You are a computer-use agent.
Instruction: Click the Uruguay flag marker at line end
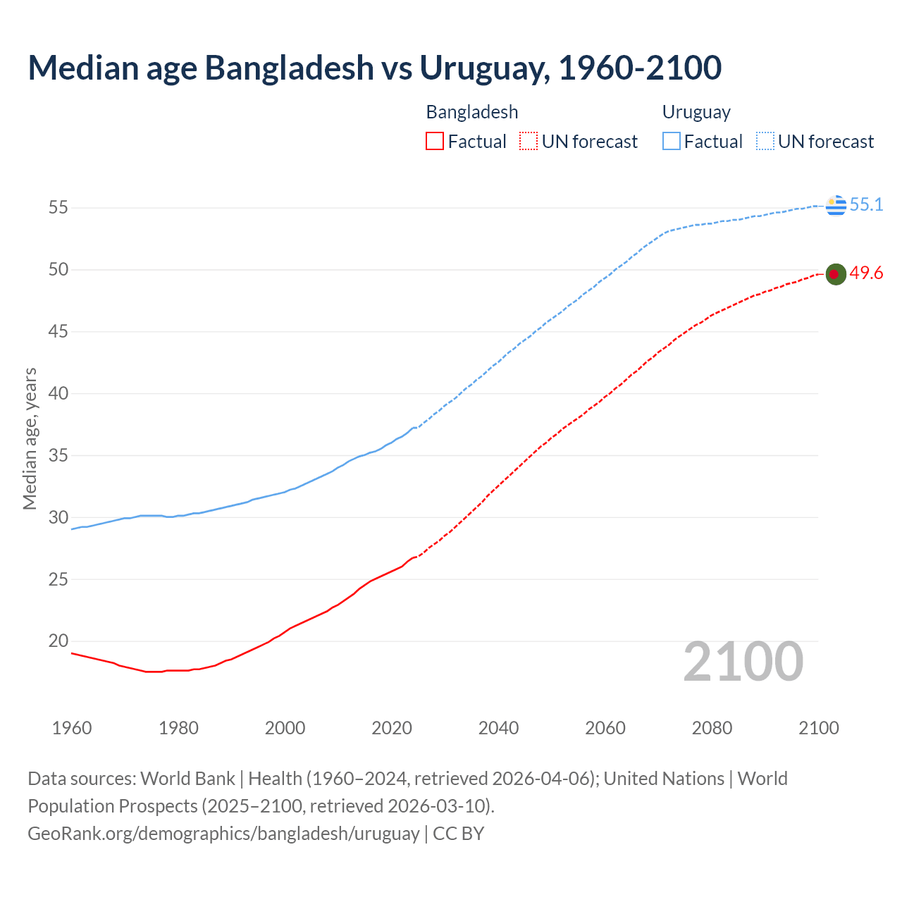coord(836,205)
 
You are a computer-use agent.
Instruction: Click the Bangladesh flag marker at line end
coord(836,274)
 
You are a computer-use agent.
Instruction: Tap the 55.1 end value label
coord(866,205)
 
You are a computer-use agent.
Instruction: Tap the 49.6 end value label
coord(866,273)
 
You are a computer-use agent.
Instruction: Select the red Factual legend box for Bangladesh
coord(435,142)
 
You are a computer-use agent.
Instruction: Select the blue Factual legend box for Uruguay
coord(671,142)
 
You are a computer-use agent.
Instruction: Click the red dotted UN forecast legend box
coord(529,142)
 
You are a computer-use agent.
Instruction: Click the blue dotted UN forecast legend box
coord(765,142)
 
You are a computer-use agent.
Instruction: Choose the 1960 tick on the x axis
coord(72,728)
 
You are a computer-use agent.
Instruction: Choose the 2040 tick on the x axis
coord(498,728)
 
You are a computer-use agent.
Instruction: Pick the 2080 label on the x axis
coord(712,728)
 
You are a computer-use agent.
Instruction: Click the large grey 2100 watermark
coord(743,662)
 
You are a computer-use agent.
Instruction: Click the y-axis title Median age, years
coord(30,438)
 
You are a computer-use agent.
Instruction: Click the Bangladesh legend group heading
coord(472,112)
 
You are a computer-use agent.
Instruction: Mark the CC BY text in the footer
coord(458,834)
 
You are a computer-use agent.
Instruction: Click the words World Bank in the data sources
coord(187,779)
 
